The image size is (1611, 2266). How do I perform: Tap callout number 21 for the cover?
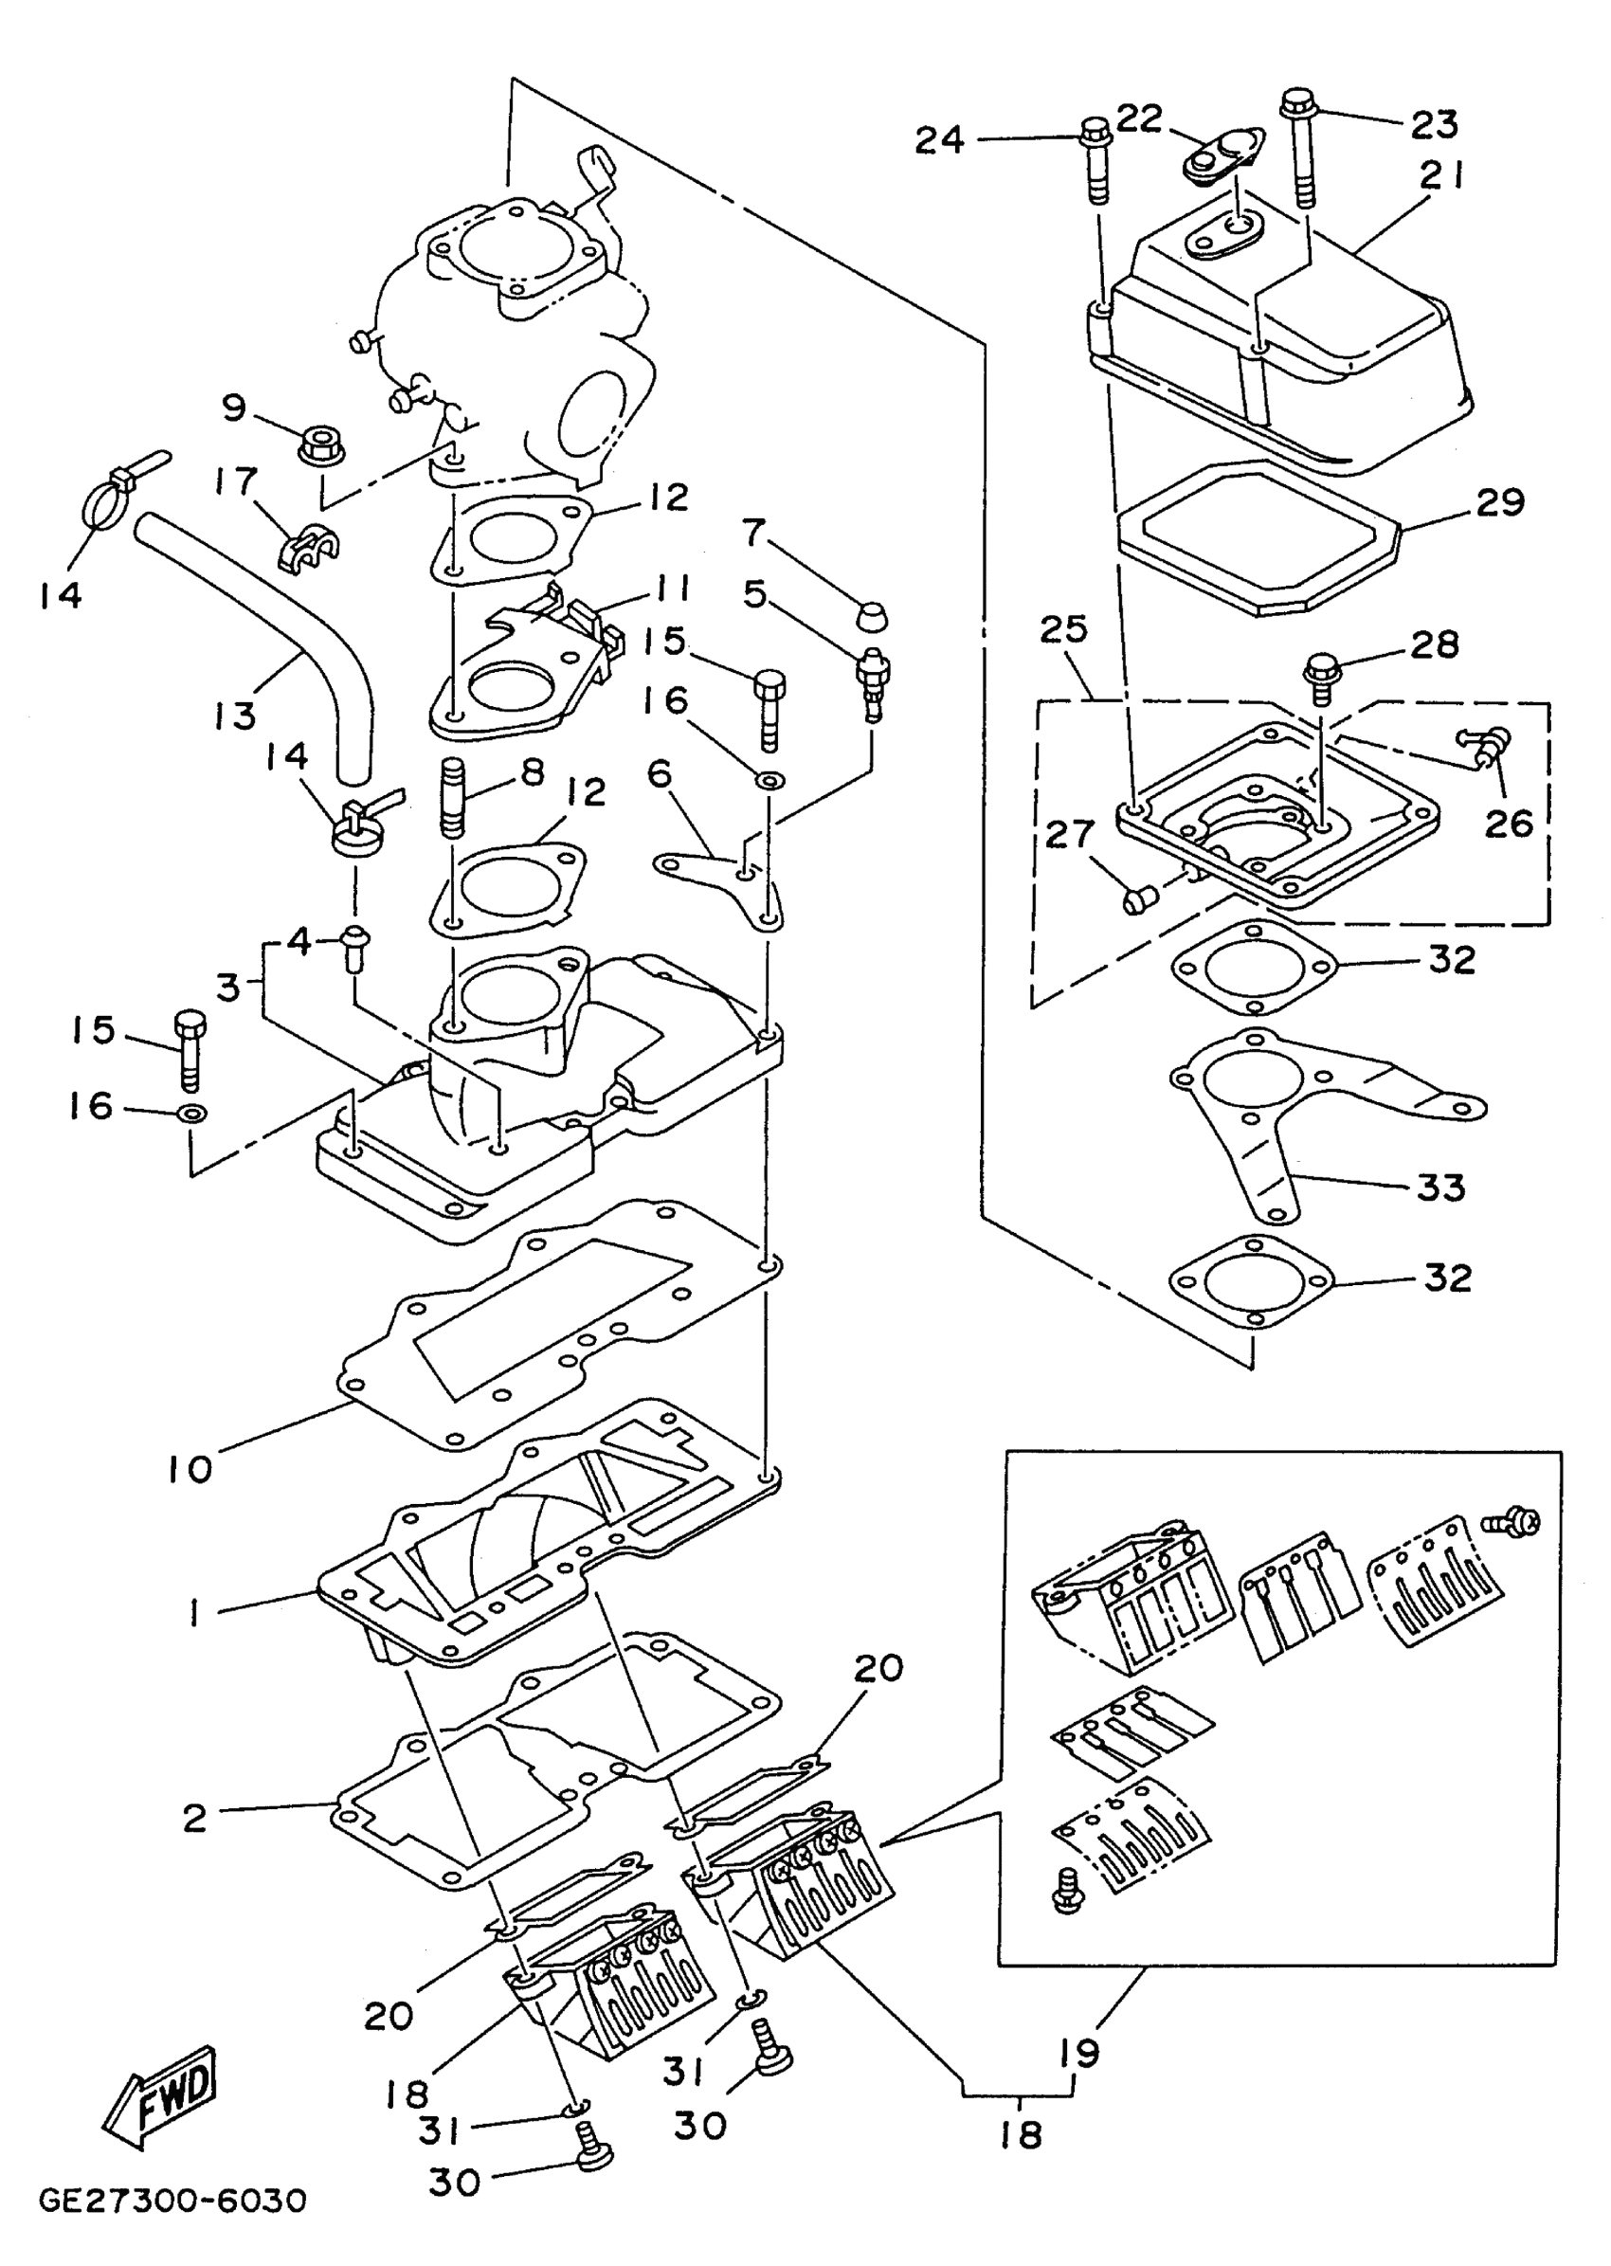pyautogui.click(x=1441, y=175)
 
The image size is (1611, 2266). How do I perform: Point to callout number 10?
pyautogui.click(x=190, y=1468)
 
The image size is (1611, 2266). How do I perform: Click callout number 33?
pyautogui.click(x=1440, y=1187)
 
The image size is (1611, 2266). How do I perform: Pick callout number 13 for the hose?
pyautogui.click(x=234, y=715)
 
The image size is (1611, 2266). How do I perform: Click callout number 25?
pyautogui.click(x=1063, y=628)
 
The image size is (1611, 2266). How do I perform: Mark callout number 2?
pyautogui.click(x=194, y=1818)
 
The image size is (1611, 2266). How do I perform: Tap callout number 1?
pyautogui.click(x=194, y=1615)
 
